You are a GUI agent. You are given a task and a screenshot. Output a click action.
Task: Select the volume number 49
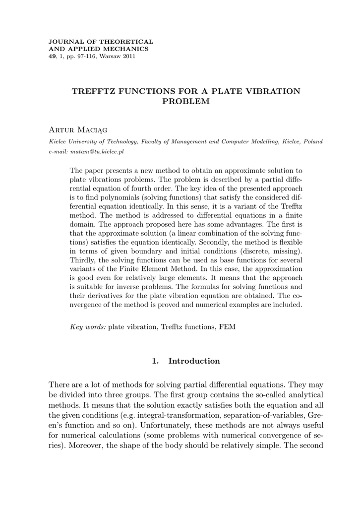click(x=53, y=57)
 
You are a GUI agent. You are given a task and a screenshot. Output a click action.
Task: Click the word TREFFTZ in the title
click(x=95, y=91)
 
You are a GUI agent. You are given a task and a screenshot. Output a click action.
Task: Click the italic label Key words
click(x=88, y=327)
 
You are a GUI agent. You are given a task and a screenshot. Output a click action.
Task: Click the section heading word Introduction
click(x=194, y=361)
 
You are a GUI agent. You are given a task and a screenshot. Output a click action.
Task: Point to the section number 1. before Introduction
click(x=155, y=361)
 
